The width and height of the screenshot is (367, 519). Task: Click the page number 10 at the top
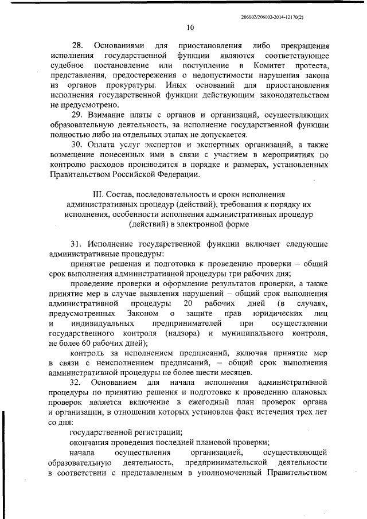(190, 27)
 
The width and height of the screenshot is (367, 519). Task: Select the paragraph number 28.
(77, 45)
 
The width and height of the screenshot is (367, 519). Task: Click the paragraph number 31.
(77, 244)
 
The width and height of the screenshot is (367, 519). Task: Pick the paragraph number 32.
(77, 381)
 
